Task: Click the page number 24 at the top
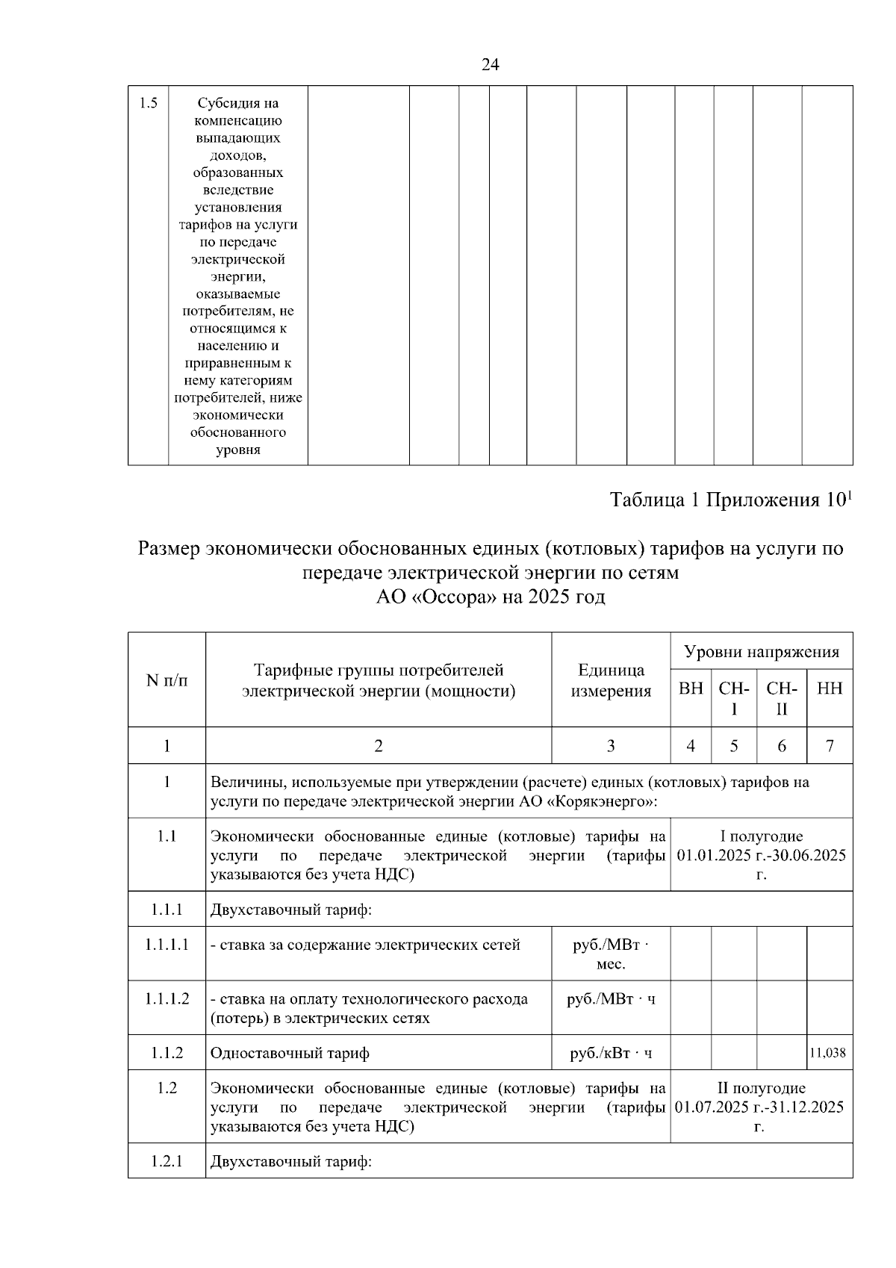pyautogui.click(x=491, y=64)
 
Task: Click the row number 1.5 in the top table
pyautogui.click(x=148, y=103)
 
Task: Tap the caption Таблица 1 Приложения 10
pyautogui.click(x=730, y=500)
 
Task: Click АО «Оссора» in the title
pyautogui.click(x=437, y=597)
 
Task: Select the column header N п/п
pyautogui.click(x=167, y=680)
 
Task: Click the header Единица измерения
pyautogui.click(x=611, y=680)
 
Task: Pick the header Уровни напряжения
pyautogui.click(x=762, y=652)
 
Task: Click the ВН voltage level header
pyautogui.click(x=691, y=689)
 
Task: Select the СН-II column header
pyautogui.click(x=782, y=697)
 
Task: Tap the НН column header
pyautogui.click(x=830, y=689)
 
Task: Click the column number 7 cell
pyautogui.click(x=830, y=745)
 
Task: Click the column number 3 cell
pyautogui.click(x=611, y=745)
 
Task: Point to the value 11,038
pyautogui.click(x=828, y=1053)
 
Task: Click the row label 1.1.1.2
pyautogui.click(x=167, y=998)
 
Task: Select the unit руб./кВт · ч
pyautogui.click(x=611, y=1053)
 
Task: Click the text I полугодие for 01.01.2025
pyautogui.click(x=762, y=836)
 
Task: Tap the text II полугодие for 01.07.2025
pyautogui.click(x=762, y=1088)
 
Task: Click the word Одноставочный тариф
pyautogui.click(x=290, y=1053)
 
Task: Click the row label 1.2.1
pyautogui.click(x=167, y=1162)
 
